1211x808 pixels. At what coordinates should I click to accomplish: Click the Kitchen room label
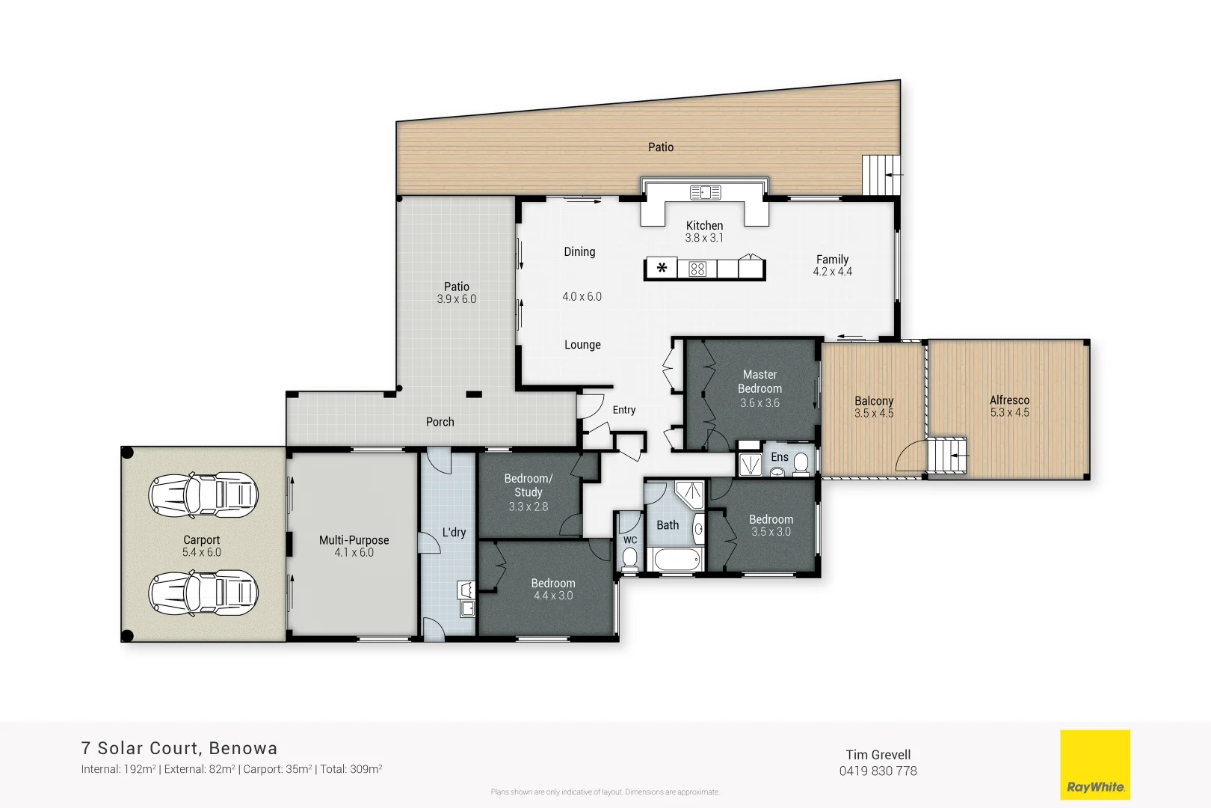[x=704, y=225]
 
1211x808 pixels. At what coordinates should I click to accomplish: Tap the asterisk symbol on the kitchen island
[x=662, y=268]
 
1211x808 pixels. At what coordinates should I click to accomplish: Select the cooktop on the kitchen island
[x=697, y=269]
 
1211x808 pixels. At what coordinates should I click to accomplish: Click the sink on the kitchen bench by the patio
[x=705, y=192]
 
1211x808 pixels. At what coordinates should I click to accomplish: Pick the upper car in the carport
[x=203, y=495]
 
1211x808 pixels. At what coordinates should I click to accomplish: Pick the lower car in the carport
[x=203, y=593]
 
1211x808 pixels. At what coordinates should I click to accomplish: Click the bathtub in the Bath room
[x=676, y=559]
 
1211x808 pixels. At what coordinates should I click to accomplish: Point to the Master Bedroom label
[x=759, y=381]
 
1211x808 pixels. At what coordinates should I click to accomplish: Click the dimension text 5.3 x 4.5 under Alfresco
[x=1009, y=412]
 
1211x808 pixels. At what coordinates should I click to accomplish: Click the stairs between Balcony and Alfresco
[x=946, y=455]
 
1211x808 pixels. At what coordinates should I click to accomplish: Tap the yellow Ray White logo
[x=1095, y=765]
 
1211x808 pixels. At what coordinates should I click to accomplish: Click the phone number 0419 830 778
[x=878, y=771]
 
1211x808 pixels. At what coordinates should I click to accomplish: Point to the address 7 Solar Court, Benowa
[x=179, y=748]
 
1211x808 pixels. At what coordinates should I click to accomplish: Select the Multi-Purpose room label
[x=354, y=539]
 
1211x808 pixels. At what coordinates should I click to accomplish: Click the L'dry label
[x=454, y=532]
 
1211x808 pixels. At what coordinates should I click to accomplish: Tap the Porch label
[x=440, y=422]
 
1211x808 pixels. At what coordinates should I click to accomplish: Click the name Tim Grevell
[x=878, y=754]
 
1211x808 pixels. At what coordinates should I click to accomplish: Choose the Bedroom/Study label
[x=528, y=485]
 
